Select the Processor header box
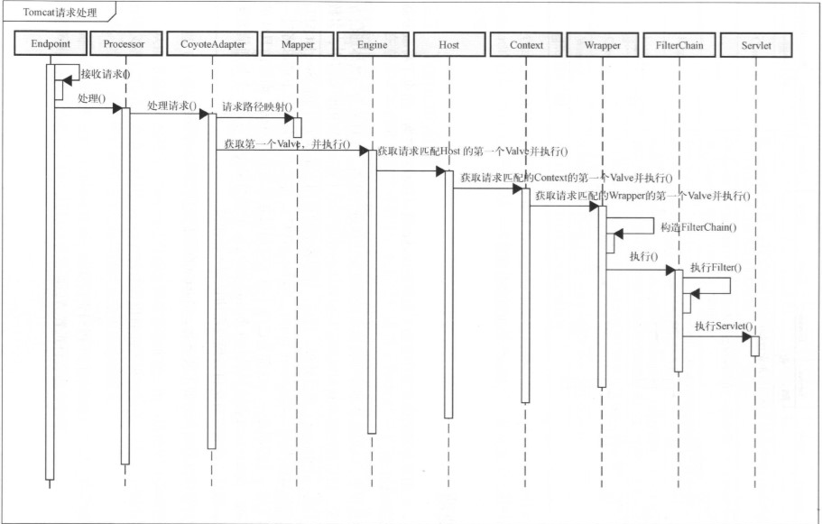pos(125,43)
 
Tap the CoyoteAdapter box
pos(212,43)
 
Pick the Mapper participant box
pos(298,43)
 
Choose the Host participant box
pos(448,43)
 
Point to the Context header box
pos(526,43)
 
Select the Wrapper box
pos(602,43)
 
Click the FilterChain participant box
pos(679,43)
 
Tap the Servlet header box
pos(754,43)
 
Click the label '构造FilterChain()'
pos(698,227)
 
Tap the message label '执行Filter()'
pos(716,268)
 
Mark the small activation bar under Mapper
pos(296,127)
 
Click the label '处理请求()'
pos(172,106)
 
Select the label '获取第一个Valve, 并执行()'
pos(287,143)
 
